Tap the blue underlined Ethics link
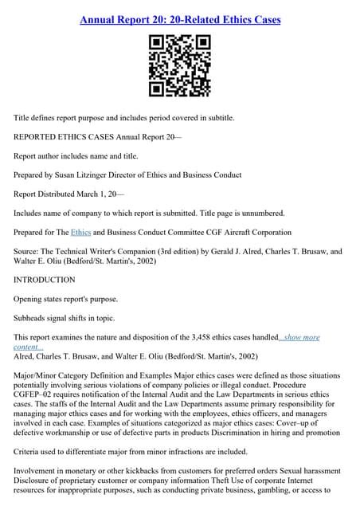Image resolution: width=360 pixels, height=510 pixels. pos(81,232)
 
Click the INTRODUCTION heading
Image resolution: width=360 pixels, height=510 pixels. pos(45,280)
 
